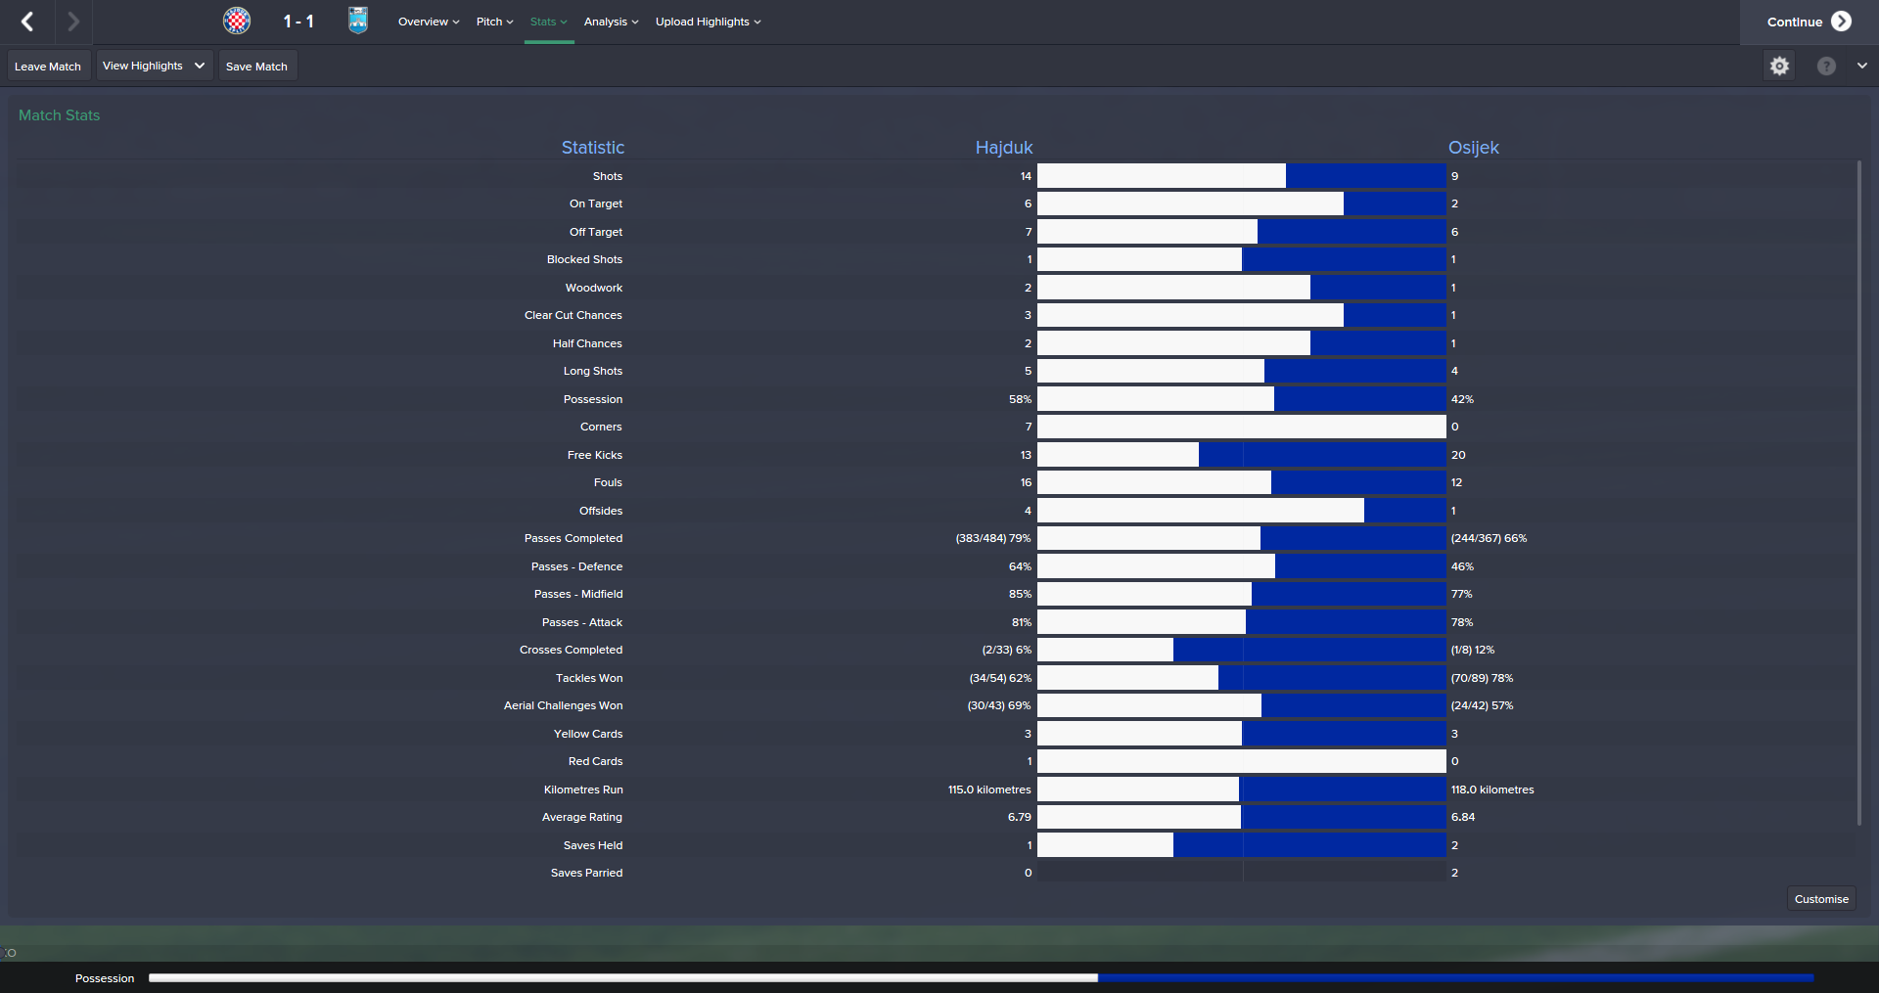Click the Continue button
click(x=1808, y=22)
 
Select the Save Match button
click(x=256, y=67)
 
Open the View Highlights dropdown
click(x=154, y=66)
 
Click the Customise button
click(x=1820, y=899)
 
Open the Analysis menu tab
click(x=611, y=22)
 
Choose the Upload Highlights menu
click(x=708, y=22)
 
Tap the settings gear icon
click(x=1779, y=66)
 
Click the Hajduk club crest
click(x=237, y=21)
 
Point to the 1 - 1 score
click(x=298, y=22)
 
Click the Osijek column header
click(x=1473, y=148)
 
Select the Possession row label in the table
click(x=592, y=399)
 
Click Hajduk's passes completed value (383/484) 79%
click(x=992, y=538)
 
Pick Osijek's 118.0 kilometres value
click(x=1491, y=790)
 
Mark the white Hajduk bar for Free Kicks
click(x=1118, y=455)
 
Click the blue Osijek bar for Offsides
click(x=1404, y=511)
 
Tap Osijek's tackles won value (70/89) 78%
click(x=1482, y=678)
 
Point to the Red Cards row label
click(x=595, y=761)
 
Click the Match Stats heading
click(x=59, y=115)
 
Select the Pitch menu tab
click(x=494, y=22)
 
